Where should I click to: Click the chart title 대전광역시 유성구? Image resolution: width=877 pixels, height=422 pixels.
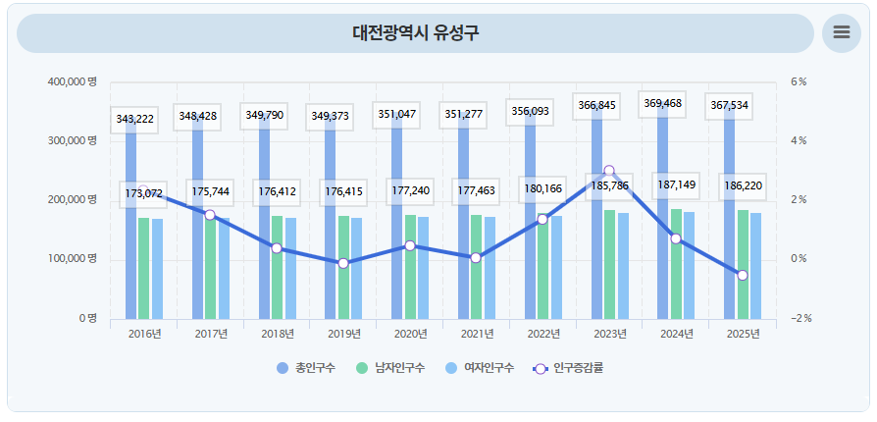click(x=416, y=33)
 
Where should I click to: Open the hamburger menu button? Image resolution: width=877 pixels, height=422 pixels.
click(x=841, y=32)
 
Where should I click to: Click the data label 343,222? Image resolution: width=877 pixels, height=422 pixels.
click(x=134, y=120)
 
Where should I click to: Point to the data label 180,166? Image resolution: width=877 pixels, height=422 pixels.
click(x=542, y=188)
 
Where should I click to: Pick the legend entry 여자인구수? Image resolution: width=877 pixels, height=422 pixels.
click(x=480, y=368)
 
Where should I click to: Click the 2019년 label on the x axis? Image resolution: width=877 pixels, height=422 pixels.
click(x=343, y=334)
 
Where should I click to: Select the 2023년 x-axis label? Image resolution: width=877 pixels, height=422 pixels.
click(x=609, y=334)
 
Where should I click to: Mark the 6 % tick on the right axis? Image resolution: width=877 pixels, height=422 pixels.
click(x=800, y=81)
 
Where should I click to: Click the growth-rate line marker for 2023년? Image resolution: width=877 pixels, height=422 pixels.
click(x=609, y=171)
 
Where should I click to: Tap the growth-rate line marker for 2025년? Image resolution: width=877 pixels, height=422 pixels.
click(x=743, y=276)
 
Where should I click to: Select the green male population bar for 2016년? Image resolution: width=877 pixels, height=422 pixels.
click(x=144, y=268)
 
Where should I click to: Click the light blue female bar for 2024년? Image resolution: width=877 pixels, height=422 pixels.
click(x=689, y=265)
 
